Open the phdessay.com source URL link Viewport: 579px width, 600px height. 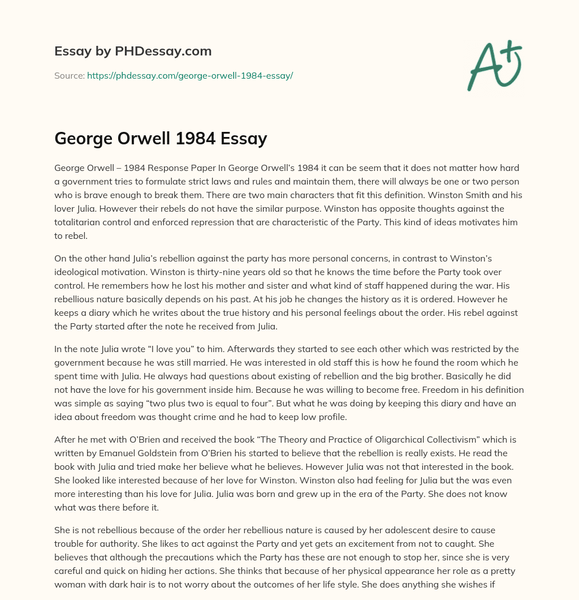[189, 75]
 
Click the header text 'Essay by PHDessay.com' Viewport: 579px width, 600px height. [133, 52]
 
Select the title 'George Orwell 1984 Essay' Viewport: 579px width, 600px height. [161, 139]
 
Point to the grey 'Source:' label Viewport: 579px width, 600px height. [69, 75]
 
